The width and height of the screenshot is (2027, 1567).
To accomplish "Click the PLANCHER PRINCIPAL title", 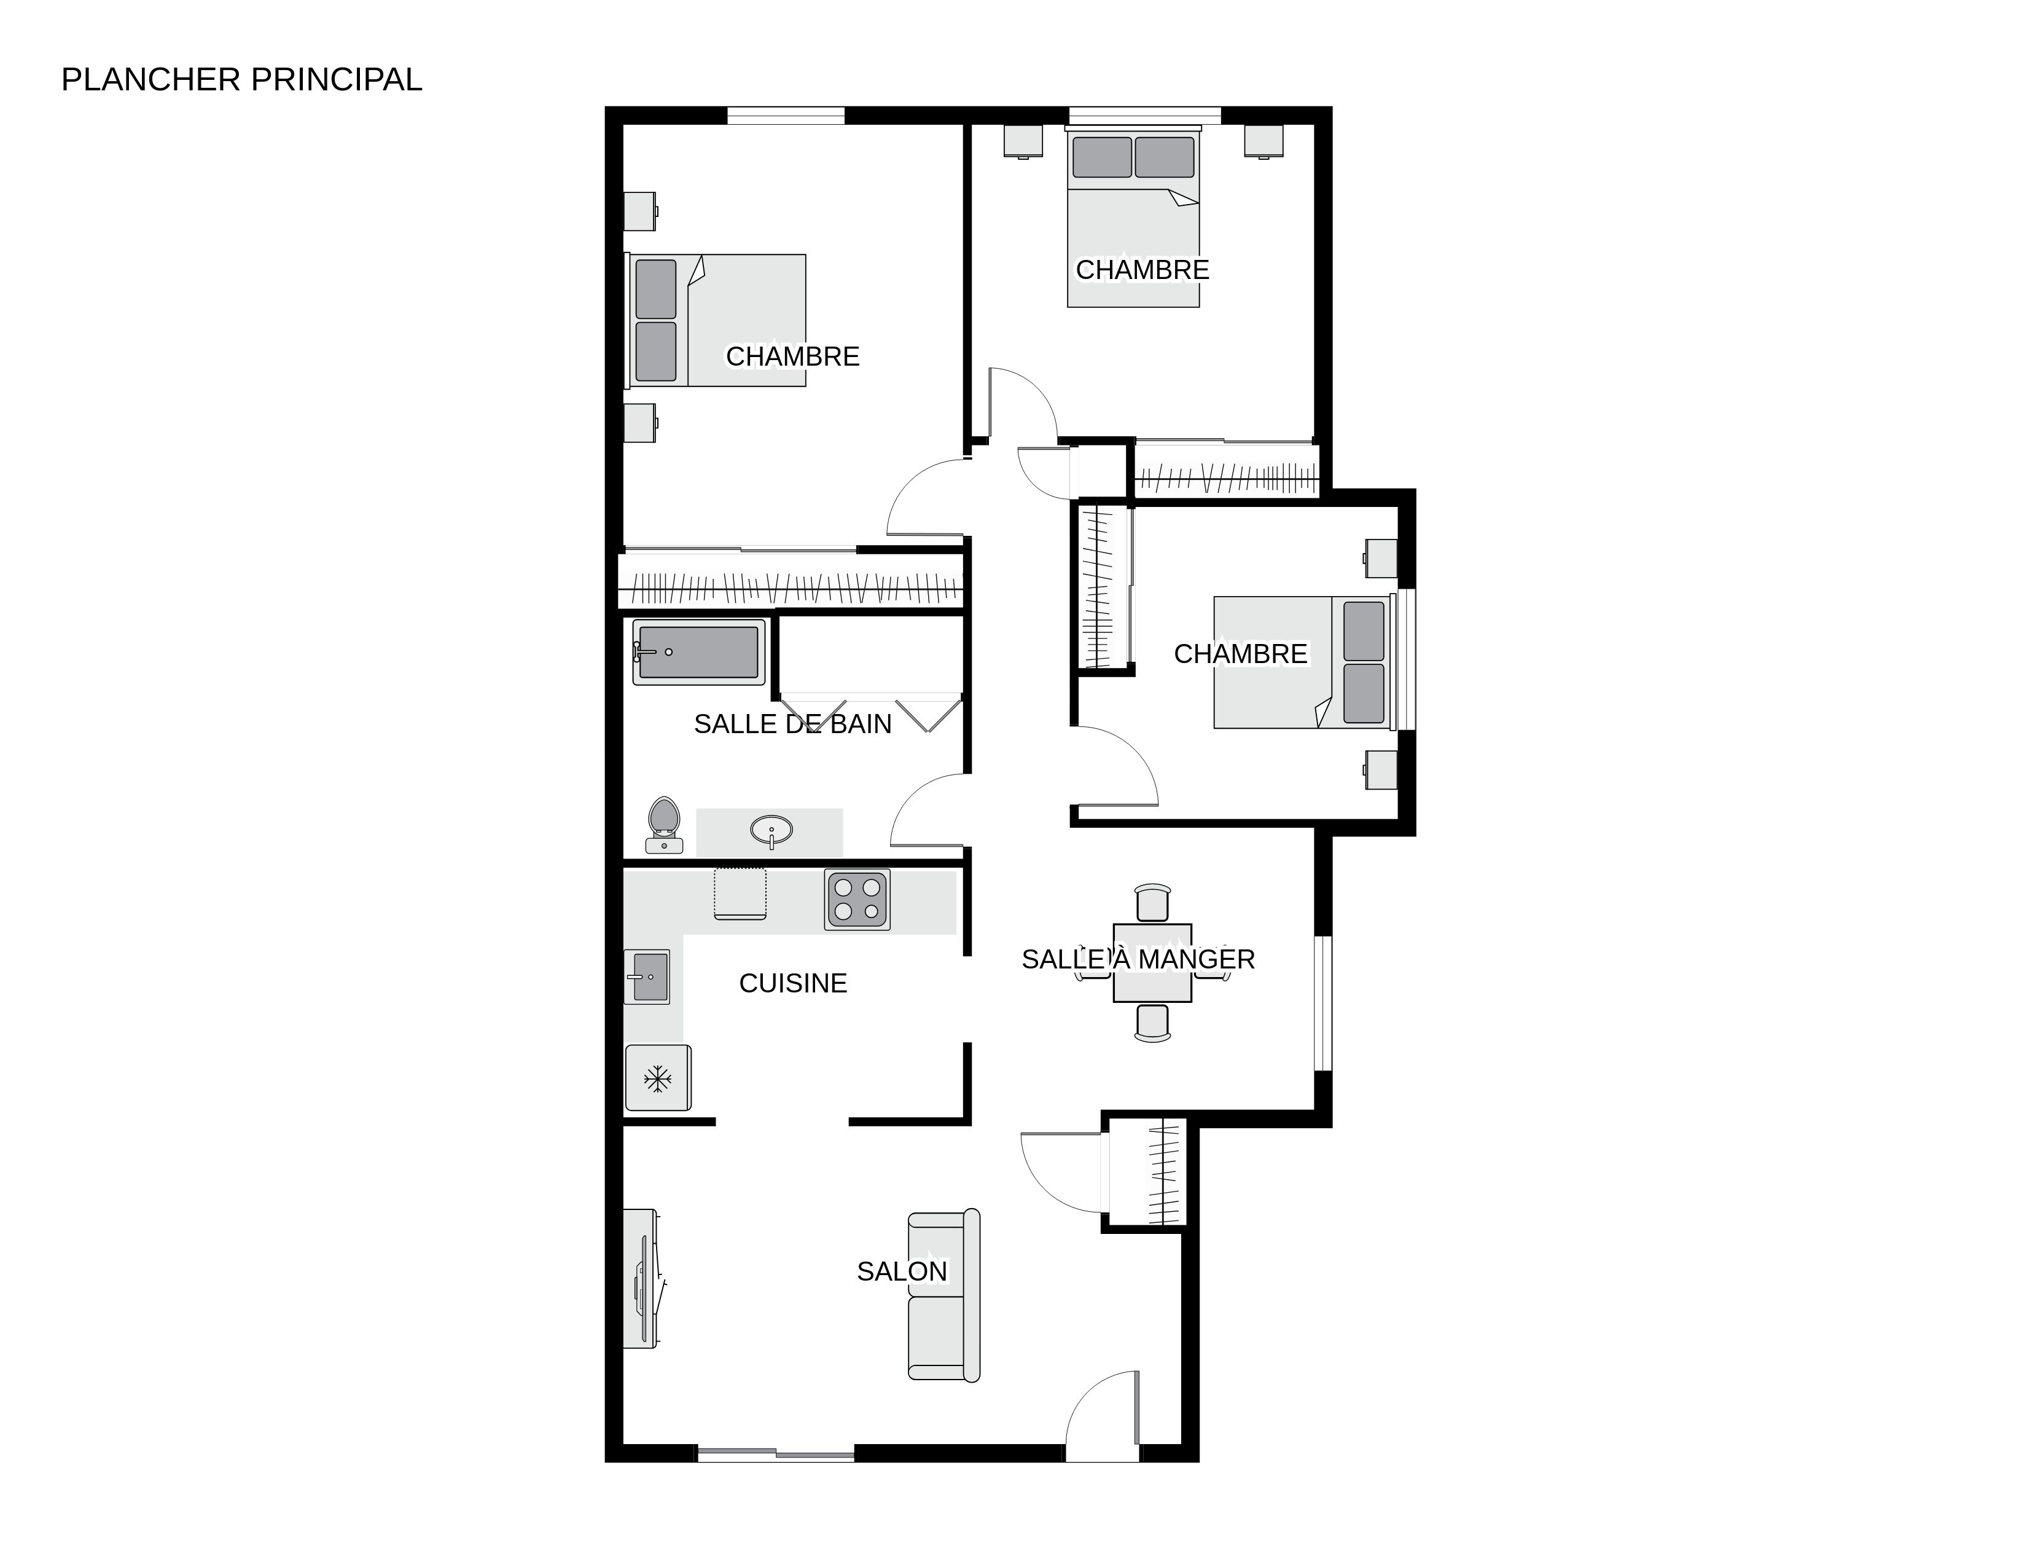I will tap(241, 80).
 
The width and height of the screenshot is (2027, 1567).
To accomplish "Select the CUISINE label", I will tap(792, 983).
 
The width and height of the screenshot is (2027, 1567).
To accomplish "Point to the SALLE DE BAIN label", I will tap(792, 724).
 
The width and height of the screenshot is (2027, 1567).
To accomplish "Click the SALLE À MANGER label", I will tap(1138, 959).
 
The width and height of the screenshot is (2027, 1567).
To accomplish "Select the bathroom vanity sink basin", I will tap(771, 830).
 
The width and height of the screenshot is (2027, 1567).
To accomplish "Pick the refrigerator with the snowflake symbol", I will tap(658, 1078).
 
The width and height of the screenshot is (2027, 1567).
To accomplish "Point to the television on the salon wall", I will tap(642, 1278).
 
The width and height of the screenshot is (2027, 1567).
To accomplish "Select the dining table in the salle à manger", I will tap(1152, 963).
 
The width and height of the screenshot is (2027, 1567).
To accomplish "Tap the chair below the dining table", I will tap(1152, 1023).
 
